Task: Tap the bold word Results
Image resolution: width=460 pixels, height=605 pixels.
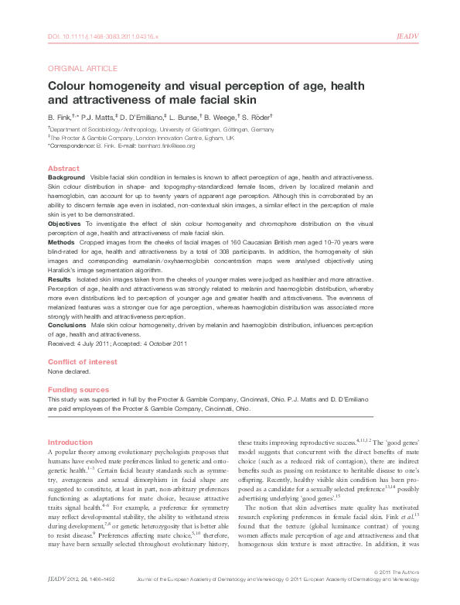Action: [60, 279]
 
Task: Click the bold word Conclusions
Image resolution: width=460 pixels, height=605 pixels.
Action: [67, 325]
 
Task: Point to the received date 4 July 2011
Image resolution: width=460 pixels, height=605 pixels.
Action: [90, 344]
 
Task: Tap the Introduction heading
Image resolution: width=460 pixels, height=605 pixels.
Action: [70, 442]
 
